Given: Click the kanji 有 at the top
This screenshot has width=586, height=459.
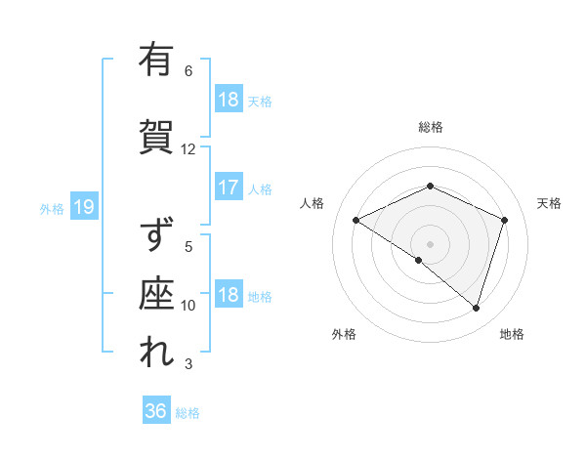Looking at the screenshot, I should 156,60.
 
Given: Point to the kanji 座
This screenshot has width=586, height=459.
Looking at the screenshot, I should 156,293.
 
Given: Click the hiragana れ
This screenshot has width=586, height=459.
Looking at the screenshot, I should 156,353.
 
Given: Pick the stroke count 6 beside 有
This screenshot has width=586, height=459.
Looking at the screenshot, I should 188,71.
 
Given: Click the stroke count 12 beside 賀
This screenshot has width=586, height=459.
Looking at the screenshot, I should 188,149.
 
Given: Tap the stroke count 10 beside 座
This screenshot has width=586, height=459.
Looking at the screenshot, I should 188,306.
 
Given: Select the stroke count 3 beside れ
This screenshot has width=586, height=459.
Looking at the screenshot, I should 188,365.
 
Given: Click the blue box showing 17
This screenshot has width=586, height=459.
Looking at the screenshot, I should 228,188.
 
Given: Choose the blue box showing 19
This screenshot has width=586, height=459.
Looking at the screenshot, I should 83,207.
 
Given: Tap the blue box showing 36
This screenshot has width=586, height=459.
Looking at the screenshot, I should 156,411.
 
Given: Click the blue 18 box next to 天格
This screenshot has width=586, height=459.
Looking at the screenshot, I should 228,100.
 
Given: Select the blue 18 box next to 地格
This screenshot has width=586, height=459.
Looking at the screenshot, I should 228,296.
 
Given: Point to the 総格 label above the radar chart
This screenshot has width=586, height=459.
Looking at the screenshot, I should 431,127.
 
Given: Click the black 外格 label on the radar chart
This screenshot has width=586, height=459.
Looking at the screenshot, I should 344,335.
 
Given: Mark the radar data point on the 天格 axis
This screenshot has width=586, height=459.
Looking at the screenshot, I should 505,220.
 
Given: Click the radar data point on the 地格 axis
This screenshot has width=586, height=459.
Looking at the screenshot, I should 476,309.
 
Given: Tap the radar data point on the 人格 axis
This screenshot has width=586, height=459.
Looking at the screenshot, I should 356,220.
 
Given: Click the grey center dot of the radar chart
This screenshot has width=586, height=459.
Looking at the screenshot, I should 431,243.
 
